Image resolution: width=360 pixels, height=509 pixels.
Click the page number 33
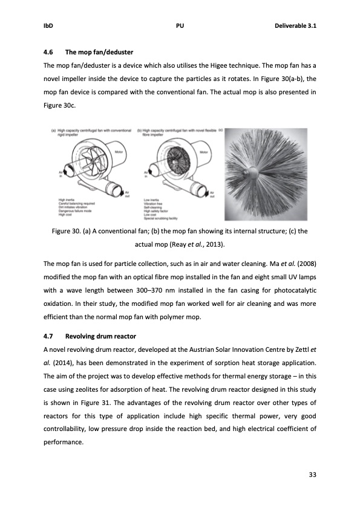312,473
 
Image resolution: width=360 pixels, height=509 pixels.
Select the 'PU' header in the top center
180,26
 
